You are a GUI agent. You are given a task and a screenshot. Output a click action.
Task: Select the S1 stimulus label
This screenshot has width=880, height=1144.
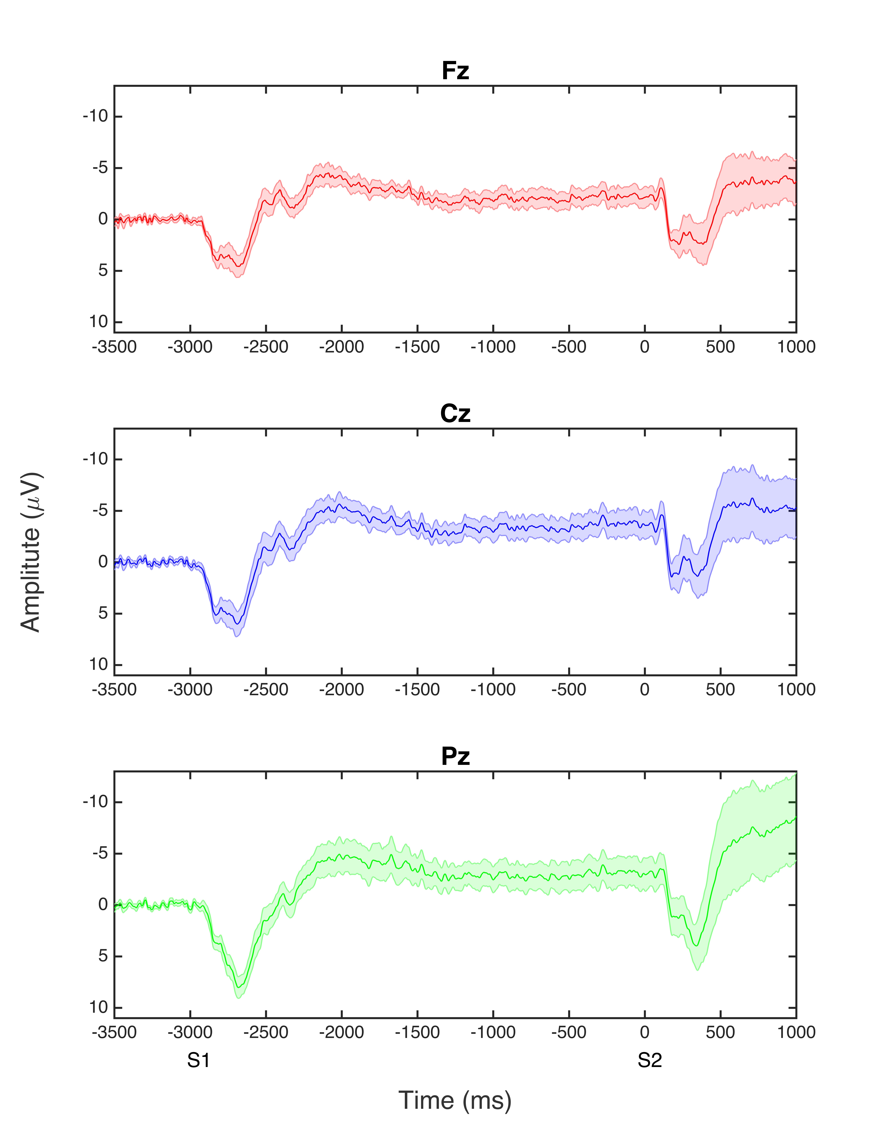pyautogui.click(x=199, y=1061)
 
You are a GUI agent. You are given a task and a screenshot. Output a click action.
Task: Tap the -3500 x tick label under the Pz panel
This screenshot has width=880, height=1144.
pyautogui.click(x=114, y=1032)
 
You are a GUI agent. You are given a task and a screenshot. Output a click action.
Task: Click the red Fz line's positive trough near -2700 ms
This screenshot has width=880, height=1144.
pyautogui.click(x=238, y=266)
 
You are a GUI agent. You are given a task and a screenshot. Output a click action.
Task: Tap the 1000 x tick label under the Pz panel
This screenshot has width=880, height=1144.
pyautogui.click(x=796, y=1032)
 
